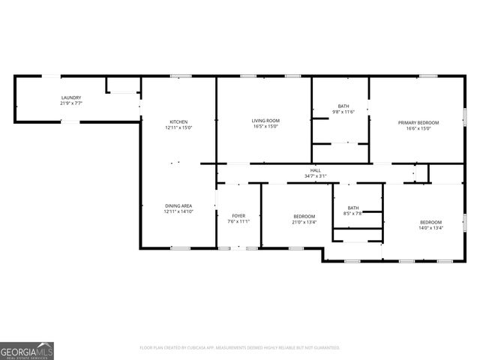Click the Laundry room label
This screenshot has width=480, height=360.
(71, 97)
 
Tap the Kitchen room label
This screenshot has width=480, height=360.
(178, 121)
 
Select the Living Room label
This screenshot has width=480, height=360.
(265, 121)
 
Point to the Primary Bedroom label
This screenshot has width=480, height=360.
(418, 122)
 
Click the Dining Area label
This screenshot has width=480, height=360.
(178, 205)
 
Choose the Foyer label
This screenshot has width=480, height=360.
(238, 215)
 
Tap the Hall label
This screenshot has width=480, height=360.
(316, 170)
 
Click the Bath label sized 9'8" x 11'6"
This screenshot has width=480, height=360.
(343, 106)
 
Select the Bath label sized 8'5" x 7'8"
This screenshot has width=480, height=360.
(352, 208)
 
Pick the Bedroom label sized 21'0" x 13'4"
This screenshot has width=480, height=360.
(304, 216)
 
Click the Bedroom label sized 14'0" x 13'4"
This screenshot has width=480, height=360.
(430, 222)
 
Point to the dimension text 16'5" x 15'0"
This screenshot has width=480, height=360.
(265, 127)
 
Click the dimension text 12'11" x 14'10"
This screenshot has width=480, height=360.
(178, 211)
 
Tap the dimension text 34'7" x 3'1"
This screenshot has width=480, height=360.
(316, 176)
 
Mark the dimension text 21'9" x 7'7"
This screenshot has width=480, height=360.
(71, 103)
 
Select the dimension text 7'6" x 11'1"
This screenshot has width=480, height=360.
(238, 221)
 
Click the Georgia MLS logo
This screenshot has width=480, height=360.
(27, 350)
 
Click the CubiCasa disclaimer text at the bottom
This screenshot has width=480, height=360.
(240, 348)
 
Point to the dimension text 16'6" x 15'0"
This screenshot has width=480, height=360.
(418, 128)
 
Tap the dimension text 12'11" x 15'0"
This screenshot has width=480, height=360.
(178, 127)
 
